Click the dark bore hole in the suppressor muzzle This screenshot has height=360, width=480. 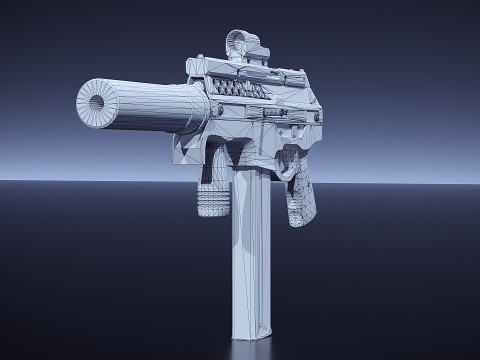[99, 103]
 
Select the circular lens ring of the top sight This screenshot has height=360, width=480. [238, 41]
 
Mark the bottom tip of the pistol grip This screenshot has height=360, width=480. [300, 222]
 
